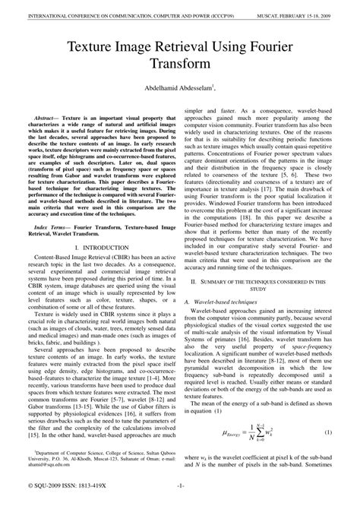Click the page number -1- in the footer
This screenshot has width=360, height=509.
180,501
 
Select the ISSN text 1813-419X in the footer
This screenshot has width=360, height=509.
96,501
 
